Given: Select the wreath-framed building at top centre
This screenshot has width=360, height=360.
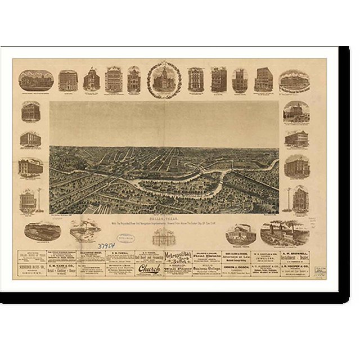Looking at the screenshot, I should [x=164, y=80].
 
